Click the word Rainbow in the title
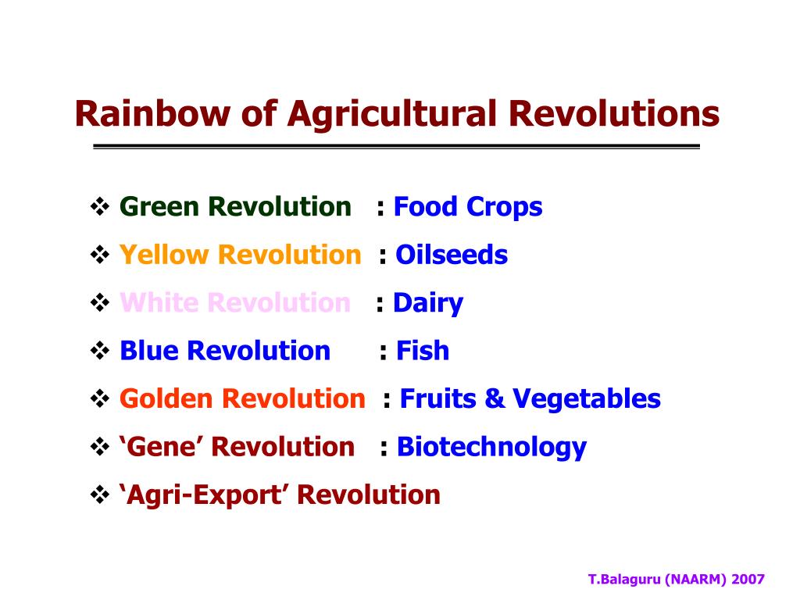point(152,113)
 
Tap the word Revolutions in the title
point(614,113)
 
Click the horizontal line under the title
point(396,147)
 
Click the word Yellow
point(163,255)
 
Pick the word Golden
point(166,398)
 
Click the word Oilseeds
point(452,255)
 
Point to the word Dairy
point(428,304)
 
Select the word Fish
point(423,351)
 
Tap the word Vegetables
point(587,399)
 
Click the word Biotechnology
point(492,448)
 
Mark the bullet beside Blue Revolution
point(100,351)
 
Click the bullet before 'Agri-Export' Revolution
point(100,495)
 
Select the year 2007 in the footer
point(748,579)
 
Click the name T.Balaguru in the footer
point(624,580)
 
